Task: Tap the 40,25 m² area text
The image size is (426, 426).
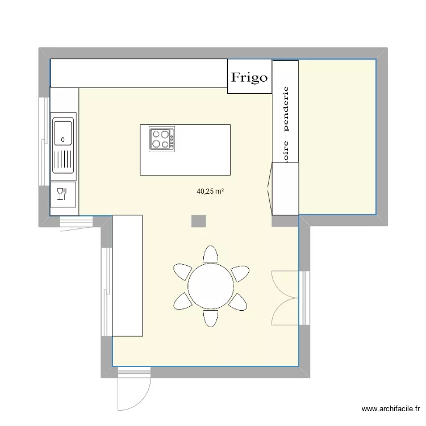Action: [x=210, y=191]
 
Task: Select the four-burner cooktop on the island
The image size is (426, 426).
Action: [x=162, y=139]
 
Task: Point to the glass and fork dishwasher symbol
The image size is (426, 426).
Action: [x=62, y=194]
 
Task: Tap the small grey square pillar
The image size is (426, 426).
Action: [x=199, y=221]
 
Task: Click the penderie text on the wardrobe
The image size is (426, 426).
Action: [x=286, y=111]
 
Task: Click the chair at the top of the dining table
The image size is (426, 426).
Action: [x=211, y=255]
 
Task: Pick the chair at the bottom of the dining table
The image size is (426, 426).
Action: [x=211, y=318]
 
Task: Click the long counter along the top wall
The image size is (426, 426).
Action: [x=139, y=73]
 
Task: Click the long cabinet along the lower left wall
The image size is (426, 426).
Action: [x=127, y=276]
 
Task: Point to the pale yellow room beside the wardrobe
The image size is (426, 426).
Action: [x=337, y=136]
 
